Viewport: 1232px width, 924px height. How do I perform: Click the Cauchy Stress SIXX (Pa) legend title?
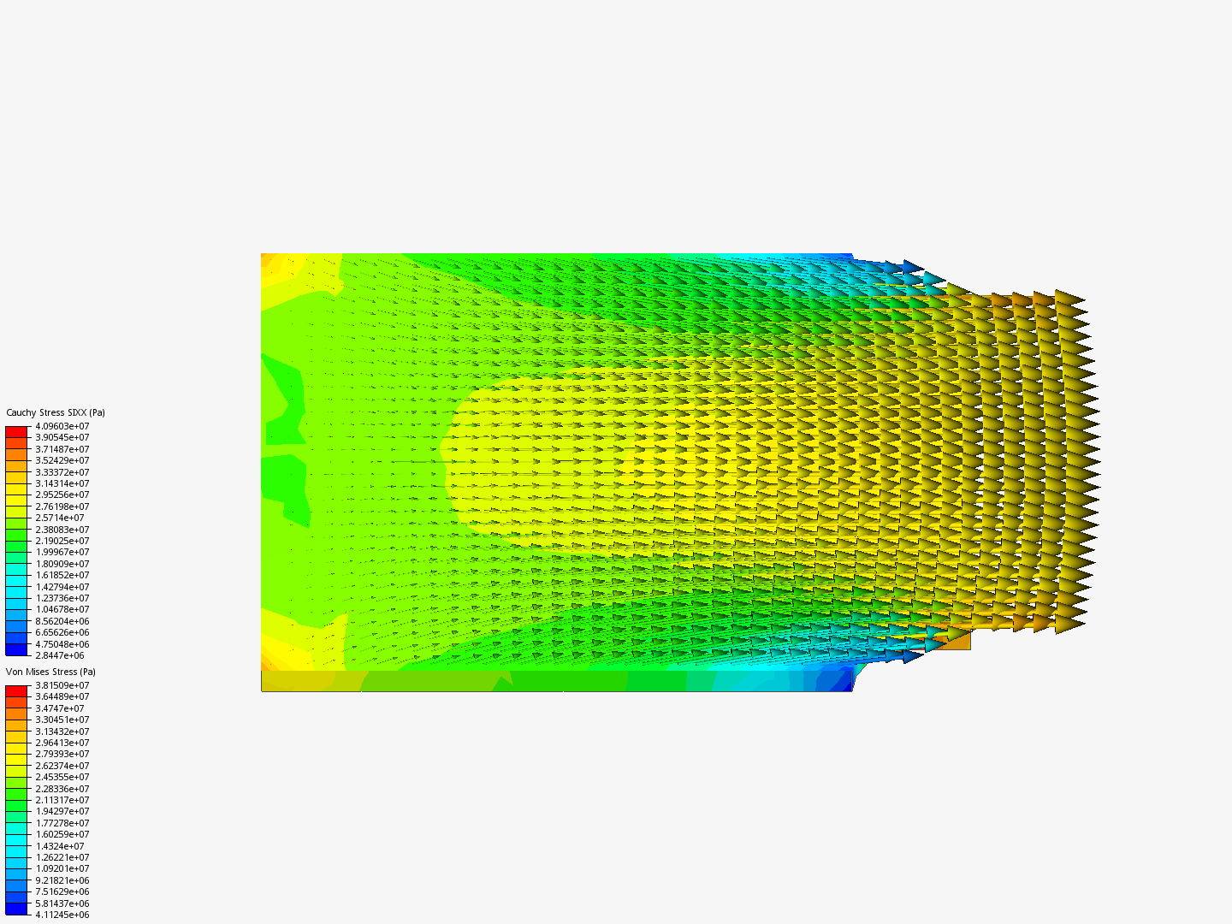[56, 413]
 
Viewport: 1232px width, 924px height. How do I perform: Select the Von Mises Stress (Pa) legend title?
[50, 672]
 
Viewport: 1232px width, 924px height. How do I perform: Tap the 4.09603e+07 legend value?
[62, 426]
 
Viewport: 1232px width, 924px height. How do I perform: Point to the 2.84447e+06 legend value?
[60, 655]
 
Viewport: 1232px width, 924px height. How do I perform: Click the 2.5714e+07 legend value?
[60, 518]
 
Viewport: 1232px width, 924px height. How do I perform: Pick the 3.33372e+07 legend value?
[62, 472]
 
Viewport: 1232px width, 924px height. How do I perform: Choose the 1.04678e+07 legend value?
[62, 609]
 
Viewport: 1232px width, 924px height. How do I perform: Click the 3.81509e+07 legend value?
[62, 685]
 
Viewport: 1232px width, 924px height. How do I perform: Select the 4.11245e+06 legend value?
[62, 915]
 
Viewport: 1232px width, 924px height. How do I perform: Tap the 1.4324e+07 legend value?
[60, 846]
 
